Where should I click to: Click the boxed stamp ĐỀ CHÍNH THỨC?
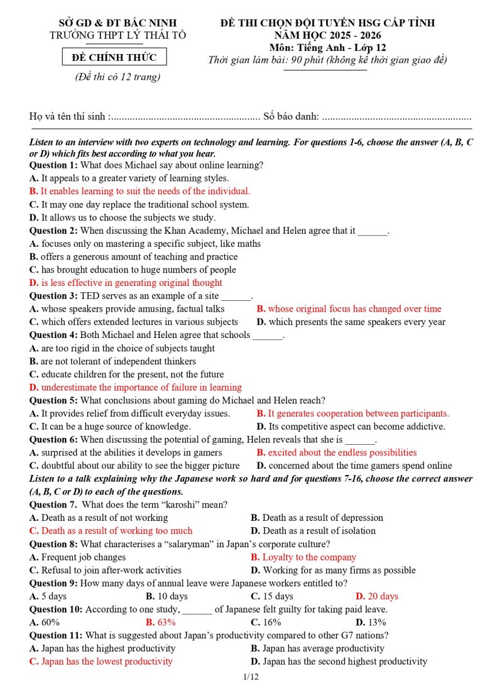(x=114, y=58)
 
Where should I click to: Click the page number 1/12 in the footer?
(x=251, y=677)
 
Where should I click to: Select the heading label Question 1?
(x=53, y=165)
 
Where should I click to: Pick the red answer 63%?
(x=160, y=622)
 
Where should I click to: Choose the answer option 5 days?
(x=53, y=596)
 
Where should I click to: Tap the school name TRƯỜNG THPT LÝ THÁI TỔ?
(x=117, y=35)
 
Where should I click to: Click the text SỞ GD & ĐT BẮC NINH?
(x=117, y=23)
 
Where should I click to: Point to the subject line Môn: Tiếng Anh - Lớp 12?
(x=327, y=48)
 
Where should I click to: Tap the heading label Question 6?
(x=53, y=440)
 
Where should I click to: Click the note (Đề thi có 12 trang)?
(x=117, y=77)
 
